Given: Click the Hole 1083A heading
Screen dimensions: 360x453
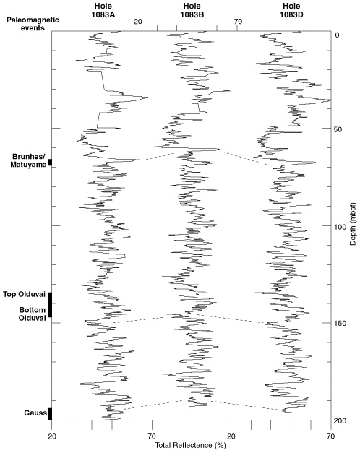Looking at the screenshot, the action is click(x=103, y=11).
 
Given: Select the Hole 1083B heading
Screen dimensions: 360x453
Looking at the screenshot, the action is click(x=192, y=11).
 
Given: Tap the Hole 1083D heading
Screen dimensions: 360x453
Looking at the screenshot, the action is click(x=291, y=11).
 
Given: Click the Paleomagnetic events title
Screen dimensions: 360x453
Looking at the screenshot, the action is click(x=33, y=24).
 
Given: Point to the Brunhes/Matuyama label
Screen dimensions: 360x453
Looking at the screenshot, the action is click(x=29, y=160).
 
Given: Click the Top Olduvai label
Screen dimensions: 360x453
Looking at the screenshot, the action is click(x=25, y=294).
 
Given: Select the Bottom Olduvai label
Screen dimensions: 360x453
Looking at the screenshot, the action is click(x=33, y=314).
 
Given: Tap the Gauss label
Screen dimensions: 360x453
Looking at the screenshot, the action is click(x=35, y=413).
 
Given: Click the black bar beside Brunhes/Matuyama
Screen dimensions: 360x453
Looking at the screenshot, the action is click(x=50, y=163).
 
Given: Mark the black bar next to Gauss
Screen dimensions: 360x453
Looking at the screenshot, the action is click(x=50, y=414).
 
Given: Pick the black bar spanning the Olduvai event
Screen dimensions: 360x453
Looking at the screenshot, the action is click(x=50, y=305).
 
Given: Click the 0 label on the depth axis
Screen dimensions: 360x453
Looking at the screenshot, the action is click(x=337, y=35).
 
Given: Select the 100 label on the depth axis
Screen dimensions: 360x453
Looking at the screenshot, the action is click(x=340, y=227).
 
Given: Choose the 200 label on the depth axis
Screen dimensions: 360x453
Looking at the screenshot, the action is click(x=340, y=420).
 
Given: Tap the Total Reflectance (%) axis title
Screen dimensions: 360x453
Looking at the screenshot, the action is click(x=191, y=445).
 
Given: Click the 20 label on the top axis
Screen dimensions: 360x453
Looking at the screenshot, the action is click(x=137, y=22).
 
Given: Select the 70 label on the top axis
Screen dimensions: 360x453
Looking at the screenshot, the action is click(x=238, y=22).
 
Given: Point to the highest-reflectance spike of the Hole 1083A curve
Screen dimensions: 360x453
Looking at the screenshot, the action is click(x=147, y=98).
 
